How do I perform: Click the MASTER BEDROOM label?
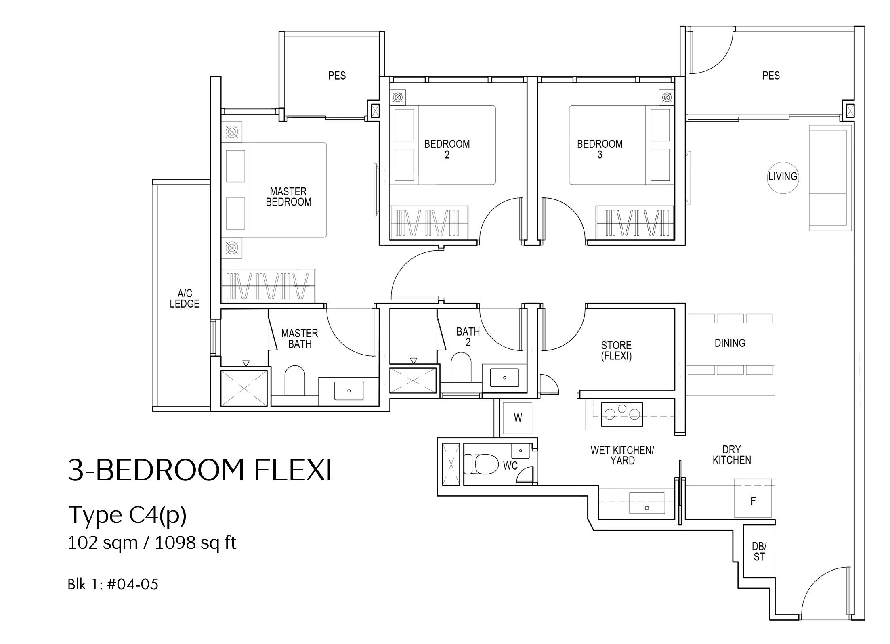[289, 197]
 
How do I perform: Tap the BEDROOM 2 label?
[447, 149]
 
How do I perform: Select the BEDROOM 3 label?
[600, 149]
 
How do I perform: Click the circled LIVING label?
[783, 177]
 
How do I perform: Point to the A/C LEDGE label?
[185, 298]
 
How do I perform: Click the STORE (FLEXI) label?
[616, 350]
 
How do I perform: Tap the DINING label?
[730, 343]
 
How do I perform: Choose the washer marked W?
[518, 418]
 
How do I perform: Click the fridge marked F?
[753, 499]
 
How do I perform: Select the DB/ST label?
[759, 552]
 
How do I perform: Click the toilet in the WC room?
[481, 464]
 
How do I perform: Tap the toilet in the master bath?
[295, 381]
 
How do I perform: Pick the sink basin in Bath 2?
[504, 378]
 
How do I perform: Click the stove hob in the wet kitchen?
[622, 414]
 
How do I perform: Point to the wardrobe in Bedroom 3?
[635, 221]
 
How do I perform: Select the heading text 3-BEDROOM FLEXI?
[200, 470]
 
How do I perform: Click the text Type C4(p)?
[127, 515]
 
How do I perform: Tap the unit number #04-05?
[132, 584]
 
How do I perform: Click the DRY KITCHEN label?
[731, 455]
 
